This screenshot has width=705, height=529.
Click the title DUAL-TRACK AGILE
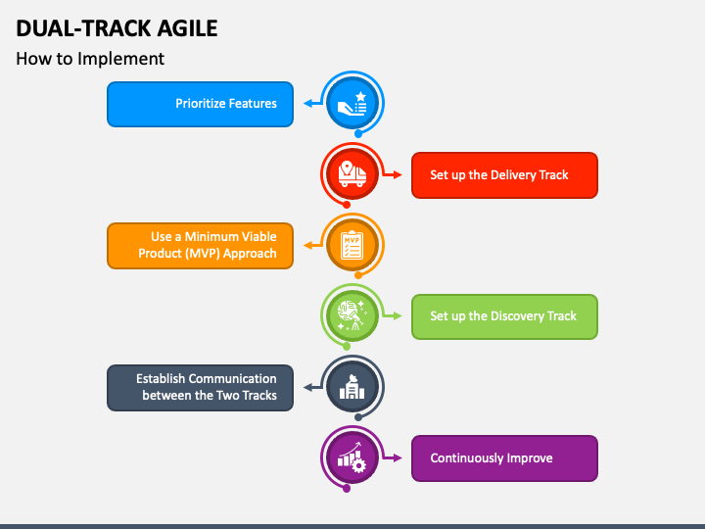coord(117,27)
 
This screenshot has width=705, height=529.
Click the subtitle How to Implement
coord(90,59)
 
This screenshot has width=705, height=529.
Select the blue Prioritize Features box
coord(200,104)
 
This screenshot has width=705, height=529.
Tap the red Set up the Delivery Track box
coord(504,175)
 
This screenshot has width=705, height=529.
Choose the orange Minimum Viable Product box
coord(200,245)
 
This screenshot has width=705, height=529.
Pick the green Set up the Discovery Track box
coord(504,316)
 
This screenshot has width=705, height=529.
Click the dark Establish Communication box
coord(200,387)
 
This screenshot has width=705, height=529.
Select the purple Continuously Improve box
coord(504,458)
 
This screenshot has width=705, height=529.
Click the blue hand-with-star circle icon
coord(352,103)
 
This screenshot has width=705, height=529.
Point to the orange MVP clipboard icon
coord(352,245)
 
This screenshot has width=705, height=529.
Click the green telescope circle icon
coord(352,315)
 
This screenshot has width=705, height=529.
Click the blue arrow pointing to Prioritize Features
coord(307,103)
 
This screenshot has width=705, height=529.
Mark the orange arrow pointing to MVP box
coord(307,245)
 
